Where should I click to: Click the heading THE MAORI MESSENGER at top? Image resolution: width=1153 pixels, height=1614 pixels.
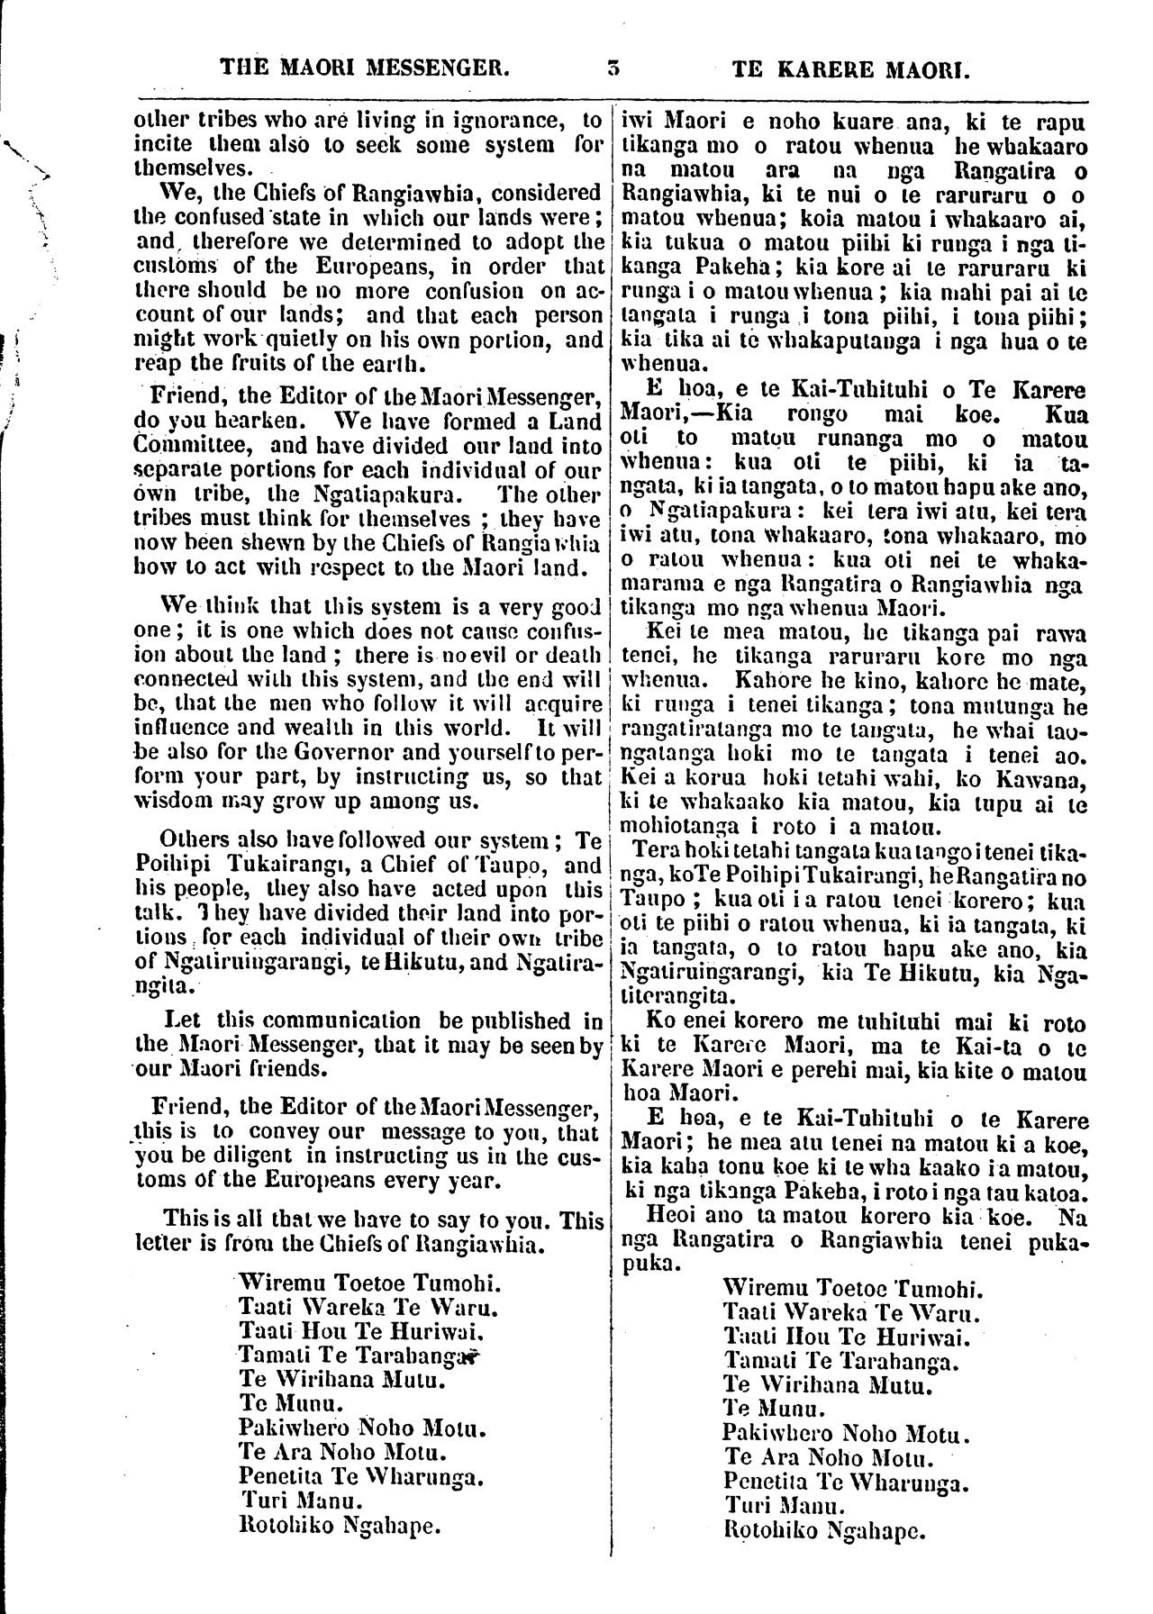(366, 67)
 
